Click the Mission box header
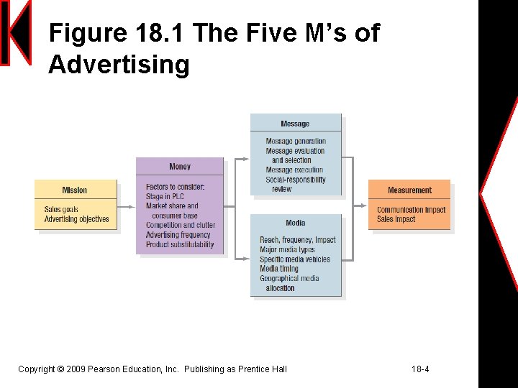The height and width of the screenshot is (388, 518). click(75, 190)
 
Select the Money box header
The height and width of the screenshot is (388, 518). click(180, 167)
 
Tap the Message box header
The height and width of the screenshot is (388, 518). click(295, 124)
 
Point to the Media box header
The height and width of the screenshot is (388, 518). click(295, 223)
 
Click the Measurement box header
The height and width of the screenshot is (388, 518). click(409, 190)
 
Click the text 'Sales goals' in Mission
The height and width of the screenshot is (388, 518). click(61, 210)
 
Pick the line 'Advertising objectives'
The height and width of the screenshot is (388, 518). click(76, 219)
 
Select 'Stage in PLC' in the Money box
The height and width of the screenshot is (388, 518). click(165, 196)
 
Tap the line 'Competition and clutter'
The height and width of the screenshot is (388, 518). click(180, 225)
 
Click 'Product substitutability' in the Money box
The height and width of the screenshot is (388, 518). click(180, 244)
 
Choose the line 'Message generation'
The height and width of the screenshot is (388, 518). click(296, 142)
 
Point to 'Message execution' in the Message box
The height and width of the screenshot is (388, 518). click(294, 170)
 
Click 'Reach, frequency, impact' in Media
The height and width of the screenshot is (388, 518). click(298, 240)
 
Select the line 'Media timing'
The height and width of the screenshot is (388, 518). click(279, 269)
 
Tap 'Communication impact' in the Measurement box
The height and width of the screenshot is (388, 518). click(411, 210)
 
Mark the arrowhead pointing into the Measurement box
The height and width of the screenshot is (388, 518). click(364, 206)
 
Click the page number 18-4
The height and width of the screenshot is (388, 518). click(420, 369)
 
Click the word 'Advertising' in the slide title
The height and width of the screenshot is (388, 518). click(119, 65)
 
